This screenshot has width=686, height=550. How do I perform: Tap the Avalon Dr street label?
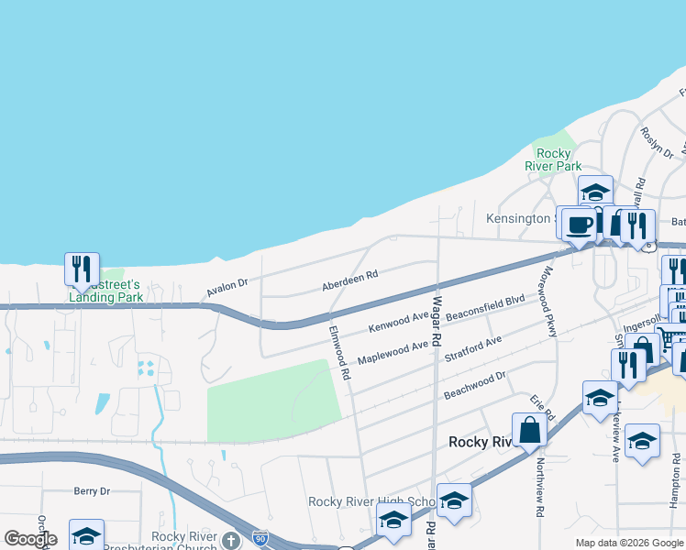(x=227, y=289)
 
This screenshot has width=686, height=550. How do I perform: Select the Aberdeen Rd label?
(x=349, y=281)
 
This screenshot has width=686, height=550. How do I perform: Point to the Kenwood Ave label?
(x=398, y=322)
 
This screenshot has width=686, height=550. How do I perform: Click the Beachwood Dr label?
(x=475, y=385)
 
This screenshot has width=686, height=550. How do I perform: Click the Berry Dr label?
(x=92, y=491)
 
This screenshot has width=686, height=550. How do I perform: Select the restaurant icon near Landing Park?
(x=81, y=268)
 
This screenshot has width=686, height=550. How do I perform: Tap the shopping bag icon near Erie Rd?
(x=529, y=430)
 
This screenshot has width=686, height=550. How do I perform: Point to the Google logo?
(x=30, y=539)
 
